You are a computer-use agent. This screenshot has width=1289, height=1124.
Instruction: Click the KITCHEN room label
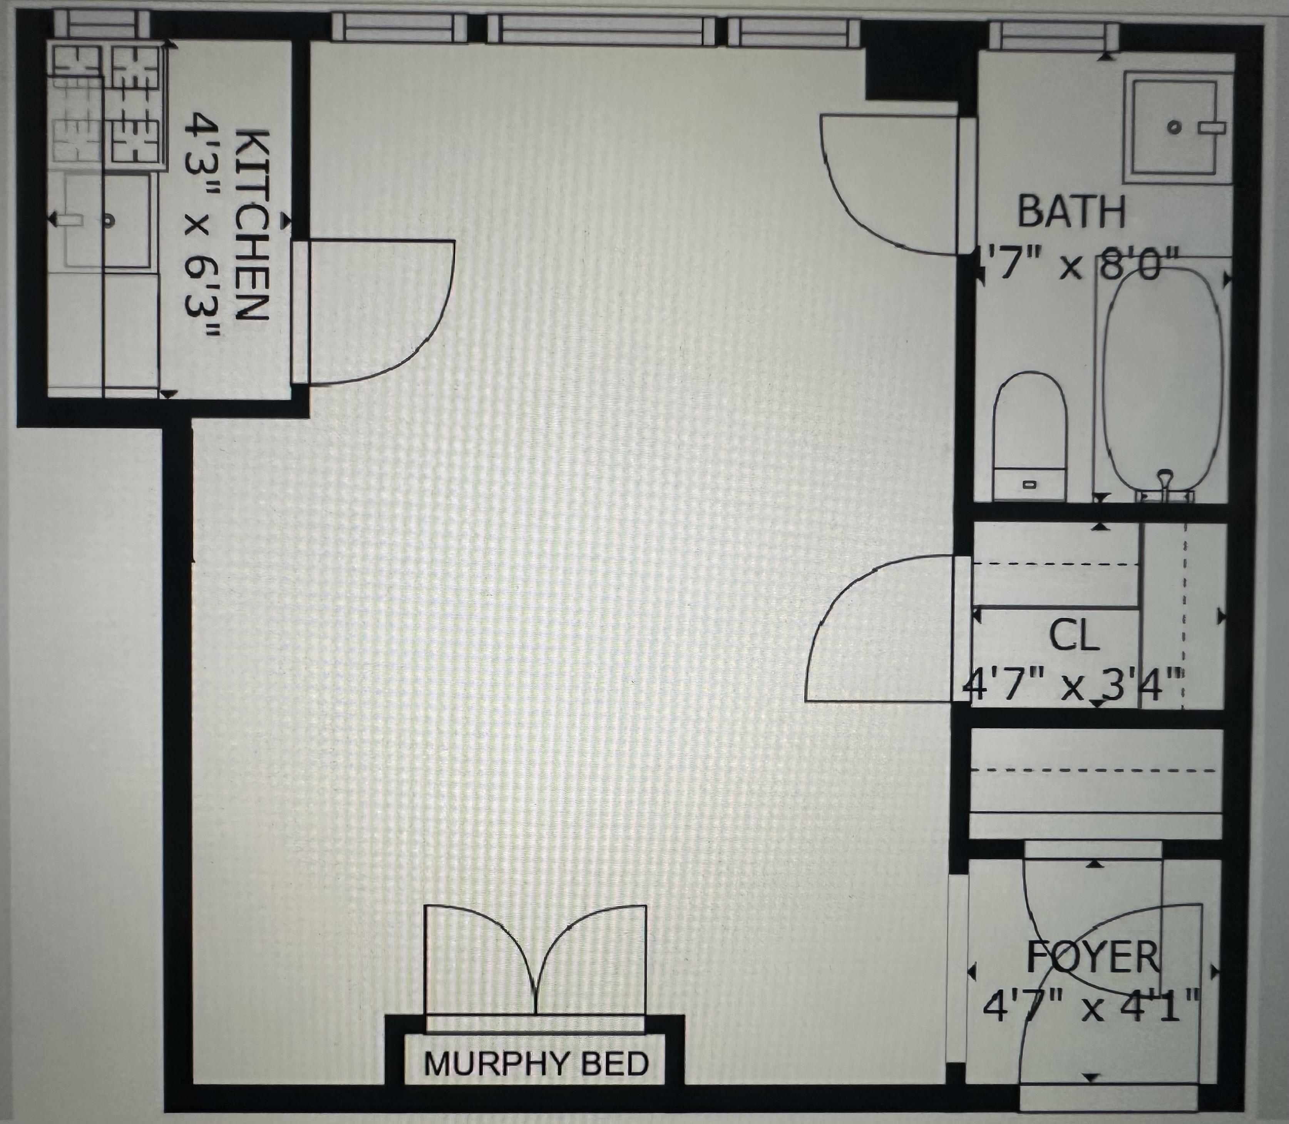[x=254, y=226]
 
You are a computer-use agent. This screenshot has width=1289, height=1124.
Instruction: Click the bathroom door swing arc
[x=859, y=213]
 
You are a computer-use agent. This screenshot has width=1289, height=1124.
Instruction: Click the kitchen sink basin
[x=108, y=221]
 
